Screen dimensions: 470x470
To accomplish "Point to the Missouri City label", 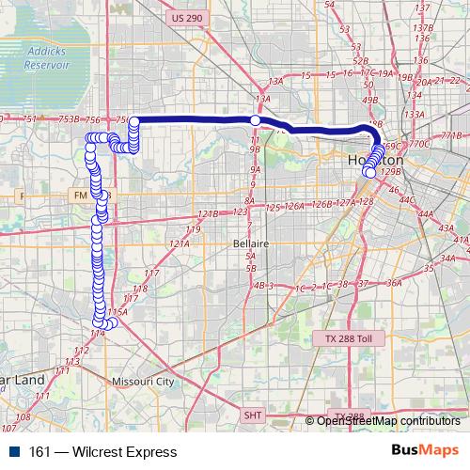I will (143, 382).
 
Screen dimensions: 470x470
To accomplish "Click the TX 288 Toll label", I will (343, 337).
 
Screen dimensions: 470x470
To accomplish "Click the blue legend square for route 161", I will (9, 451).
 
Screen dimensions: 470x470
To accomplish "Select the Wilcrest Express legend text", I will (90, 451).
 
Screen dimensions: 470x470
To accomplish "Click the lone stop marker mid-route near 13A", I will (255, 120).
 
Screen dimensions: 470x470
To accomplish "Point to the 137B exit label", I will (422, 27).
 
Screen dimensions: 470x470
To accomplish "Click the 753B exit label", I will (67, 119).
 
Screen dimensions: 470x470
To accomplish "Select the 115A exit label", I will (117, 312).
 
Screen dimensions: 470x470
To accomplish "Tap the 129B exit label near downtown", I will (391, 172).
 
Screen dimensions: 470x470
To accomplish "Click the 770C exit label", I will (419, 144).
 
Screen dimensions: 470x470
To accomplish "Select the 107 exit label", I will (23, 415).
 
